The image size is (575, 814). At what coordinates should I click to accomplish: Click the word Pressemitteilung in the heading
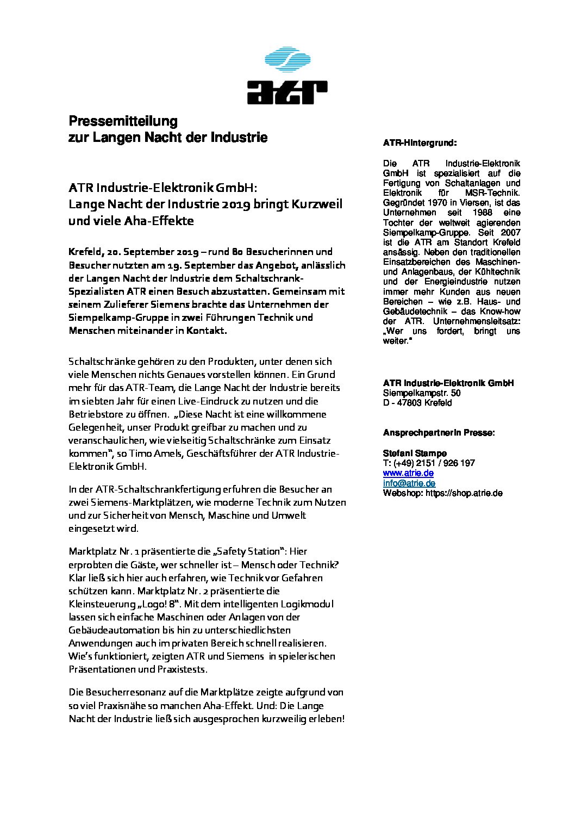[123, 120]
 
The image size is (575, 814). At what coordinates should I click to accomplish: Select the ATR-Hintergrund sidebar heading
[420, 143]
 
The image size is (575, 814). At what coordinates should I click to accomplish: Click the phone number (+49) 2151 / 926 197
[435, 463]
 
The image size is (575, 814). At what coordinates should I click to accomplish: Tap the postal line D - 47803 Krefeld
[417, 403]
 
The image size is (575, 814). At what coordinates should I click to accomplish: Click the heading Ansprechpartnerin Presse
[439, 433]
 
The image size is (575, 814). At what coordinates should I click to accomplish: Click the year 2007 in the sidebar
[509, 232]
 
